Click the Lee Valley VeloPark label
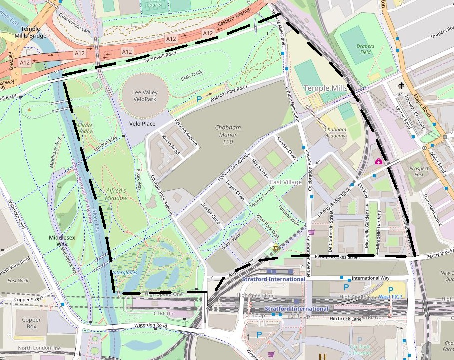(144, 95)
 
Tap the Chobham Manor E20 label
(228, 134)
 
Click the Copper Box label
(31, 323)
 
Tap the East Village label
(286, 183)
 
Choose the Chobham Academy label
(335, 133)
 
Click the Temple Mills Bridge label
(34, 32)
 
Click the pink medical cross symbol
(379, 161)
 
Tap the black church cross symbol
(401, 86)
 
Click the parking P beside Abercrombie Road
(199, 99)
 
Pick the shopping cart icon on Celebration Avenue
(312, 232)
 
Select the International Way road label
(370, 278)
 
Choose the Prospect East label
(419, 172)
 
